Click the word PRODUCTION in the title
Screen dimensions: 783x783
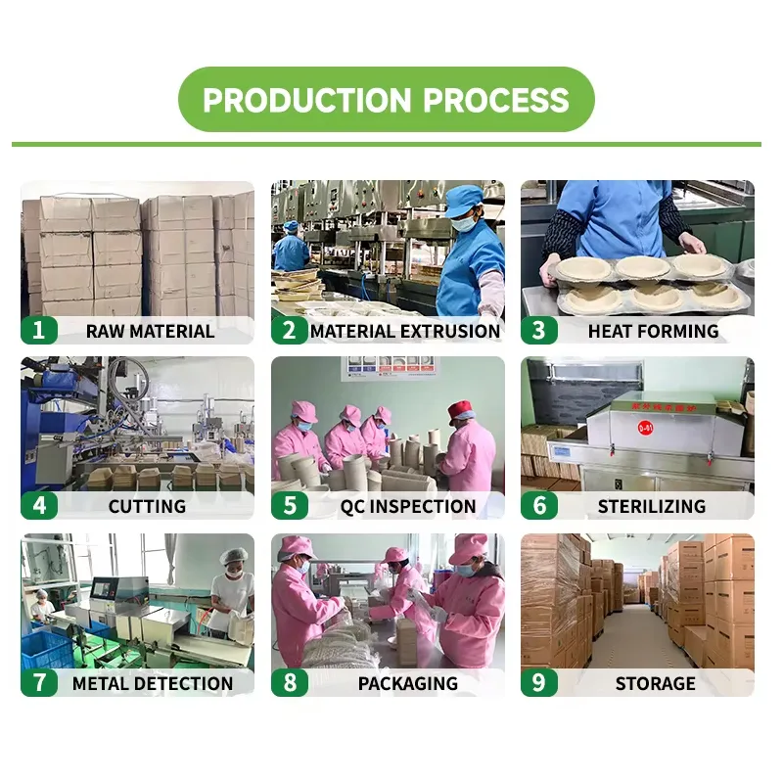[306, 100]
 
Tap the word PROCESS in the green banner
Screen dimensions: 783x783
[496, 100]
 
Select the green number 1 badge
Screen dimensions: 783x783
[39, 330]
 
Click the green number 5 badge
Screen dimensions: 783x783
[290, 505]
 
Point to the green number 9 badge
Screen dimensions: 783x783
[539, 682]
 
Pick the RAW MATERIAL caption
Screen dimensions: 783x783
[151, 331]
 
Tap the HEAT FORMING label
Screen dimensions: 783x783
[653, 331]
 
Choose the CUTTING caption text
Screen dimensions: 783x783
[148, 506]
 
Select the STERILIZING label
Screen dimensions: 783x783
[652, 506]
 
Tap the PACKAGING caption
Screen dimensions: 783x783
[408, 683]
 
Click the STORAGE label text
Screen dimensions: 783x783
[655, 683]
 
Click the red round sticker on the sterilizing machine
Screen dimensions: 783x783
[645, 428]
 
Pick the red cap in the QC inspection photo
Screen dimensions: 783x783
[460, 411]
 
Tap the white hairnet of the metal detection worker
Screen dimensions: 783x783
[234, 555]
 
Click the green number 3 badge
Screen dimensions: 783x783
[539, 330]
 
